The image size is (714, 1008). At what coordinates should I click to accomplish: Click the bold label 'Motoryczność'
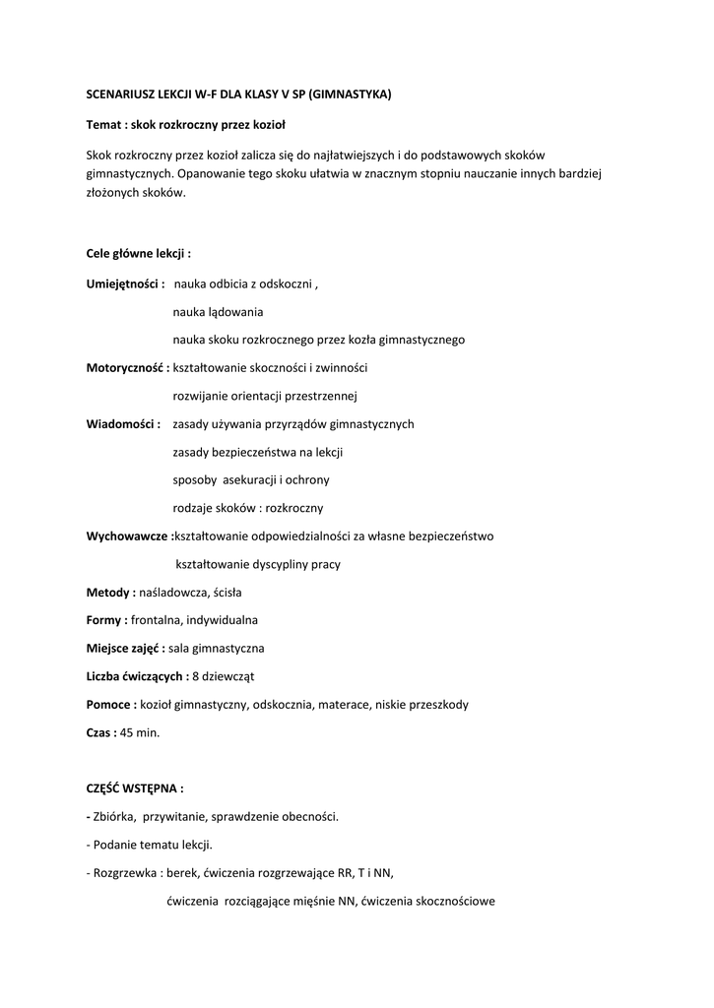click(126, 368)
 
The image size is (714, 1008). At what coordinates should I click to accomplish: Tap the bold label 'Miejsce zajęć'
click(125, 649)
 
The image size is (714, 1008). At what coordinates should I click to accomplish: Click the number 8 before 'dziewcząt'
click(195, 676)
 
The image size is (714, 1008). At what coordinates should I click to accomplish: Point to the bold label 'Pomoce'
click(109, 705)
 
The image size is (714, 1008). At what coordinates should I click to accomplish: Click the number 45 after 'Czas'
click(127, 732)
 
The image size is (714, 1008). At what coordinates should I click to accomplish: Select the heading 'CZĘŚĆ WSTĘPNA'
click(135, 788)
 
